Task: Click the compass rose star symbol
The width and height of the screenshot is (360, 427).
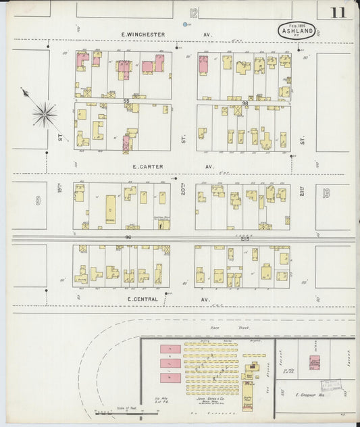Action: (44, 114)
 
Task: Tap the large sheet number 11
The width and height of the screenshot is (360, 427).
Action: (338, 13)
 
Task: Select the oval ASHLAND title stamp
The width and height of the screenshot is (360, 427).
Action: (296, 30)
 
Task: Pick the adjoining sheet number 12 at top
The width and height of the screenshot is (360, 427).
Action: (194, 12)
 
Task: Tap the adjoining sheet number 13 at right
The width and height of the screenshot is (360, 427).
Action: (327, 194)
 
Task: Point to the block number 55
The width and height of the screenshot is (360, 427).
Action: (126, 101)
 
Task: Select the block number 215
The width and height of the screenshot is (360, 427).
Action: (243, 238)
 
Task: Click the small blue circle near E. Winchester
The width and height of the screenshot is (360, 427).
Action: (186, 25)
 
